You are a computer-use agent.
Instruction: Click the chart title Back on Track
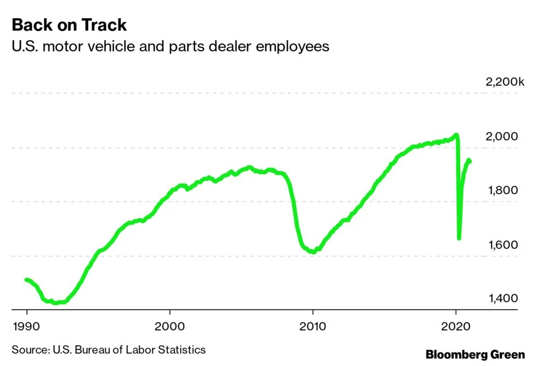tap(69, 25)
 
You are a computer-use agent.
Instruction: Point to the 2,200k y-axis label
tap(505, 82)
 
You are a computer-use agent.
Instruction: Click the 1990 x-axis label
tap(27, 324)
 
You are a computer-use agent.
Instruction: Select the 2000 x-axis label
tap(170, 324)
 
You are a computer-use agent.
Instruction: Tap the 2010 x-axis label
tap(313, 324)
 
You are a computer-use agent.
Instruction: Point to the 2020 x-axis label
tap(456, 324)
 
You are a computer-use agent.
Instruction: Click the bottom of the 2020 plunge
tap(459, 238)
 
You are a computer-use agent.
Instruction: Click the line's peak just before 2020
tap(456, 135)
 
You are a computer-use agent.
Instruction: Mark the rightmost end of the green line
tap(470, 161)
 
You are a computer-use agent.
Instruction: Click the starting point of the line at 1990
tap(27, 279)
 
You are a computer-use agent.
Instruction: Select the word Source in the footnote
tap(28, 349)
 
